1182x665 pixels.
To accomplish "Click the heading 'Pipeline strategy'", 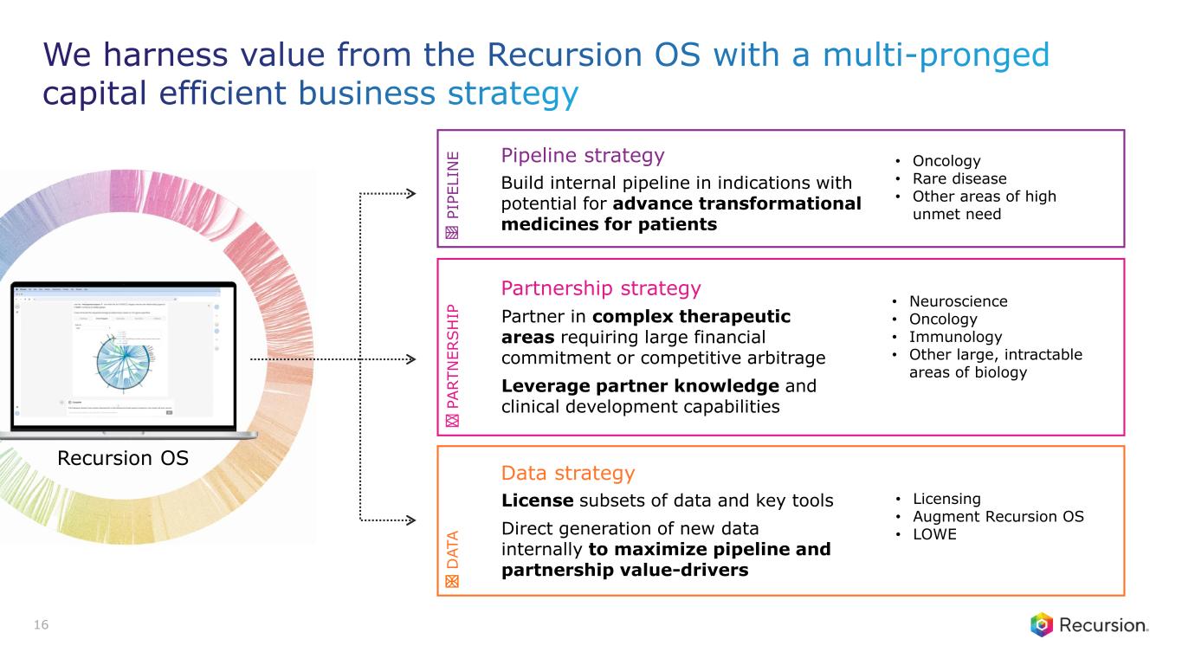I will [582, 156].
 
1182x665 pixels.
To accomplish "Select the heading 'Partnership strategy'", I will [601, 287].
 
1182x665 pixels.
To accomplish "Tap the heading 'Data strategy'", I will [568, 474].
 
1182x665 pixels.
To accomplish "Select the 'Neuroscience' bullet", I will [958, 302].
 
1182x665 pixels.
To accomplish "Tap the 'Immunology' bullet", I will [955, 337].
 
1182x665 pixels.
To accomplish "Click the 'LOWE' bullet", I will [935, 534].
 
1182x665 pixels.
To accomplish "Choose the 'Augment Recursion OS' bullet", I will [996, 517].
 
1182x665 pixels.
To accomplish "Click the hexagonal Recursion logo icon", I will [1042, 625].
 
